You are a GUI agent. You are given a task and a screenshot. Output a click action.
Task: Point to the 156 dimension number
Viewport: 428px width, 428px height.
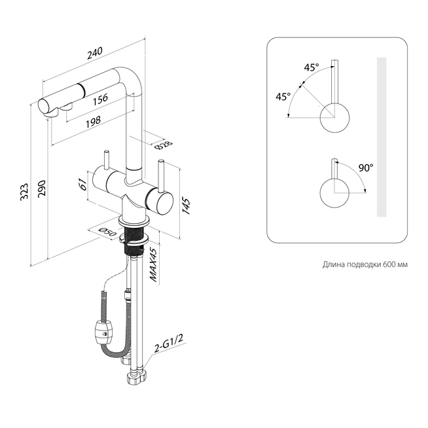pyautogui.click(x=100, y=100)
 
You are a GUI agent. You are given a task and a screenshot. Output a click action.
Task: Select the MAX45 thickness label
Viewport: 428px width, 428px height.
pyautogui.click(x=155, y=264)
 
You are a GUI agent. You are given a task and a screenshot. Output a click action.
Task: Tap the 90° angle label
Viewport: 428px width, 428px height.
pyautogui.click(x=366, y=168)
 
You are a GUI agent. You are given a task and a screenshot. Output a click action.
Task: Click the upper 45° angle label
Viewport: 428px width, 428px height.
pyautogui.click(x=311, y=67)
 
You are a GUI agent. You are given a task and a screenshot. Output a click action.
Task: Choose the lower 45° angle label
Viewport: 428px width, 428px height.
pyautogui.click(x=283, y=96)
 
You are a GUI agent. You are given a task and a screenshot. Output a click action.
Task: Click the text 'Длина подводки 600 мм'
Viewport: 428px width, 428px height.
pyautogui.click(x=365, y=264)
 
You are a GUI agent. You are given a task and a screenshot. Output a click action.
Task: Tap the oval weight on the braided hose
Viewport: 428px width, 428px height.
pyautogui.click(x=101, y=332)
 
